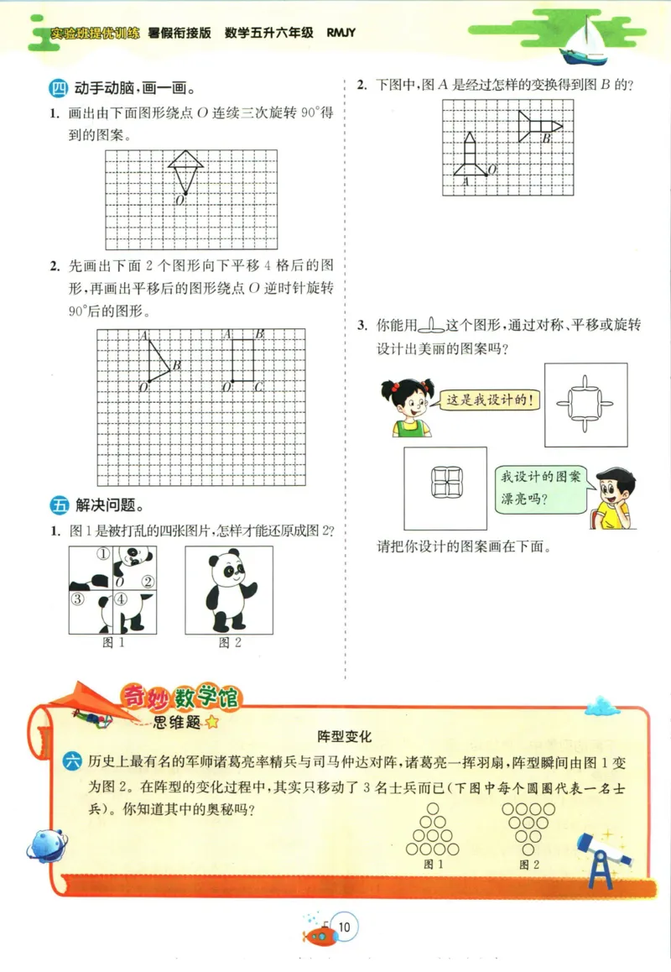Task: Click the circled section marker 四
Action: click(59, 87)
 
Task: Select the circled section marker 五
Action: click(59, 505)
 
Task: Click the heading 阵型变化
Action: click(344, 736)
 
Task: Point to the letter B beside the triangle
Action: click(178, 365)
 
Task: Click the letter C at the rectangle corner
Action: click(259, 386)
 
